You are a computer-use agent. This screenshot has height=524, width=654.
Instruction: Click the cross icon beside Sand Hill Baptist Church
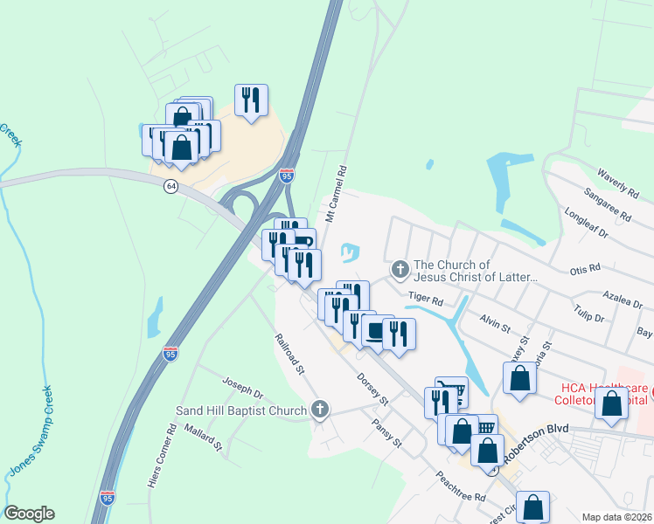[x=320, y=409]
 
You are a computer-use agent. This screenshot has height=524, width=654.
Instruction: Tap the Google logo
[x=29, y=514]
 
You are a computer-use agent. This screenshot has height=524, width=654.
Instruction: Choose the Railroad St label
[x=289, y=354]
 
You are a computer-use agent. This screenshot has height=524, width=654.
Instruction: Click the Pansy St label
[x=386, y=432]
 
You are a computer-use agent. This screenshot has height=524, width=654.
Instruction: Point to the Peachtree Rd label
[x=462, y=486]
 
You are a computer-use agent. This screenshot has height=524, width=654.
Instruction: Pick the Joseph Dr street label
[x=242, y=388]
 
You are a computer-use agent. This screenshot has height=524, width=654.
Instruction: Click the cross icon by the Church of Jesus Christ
[x=400, y=270]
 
